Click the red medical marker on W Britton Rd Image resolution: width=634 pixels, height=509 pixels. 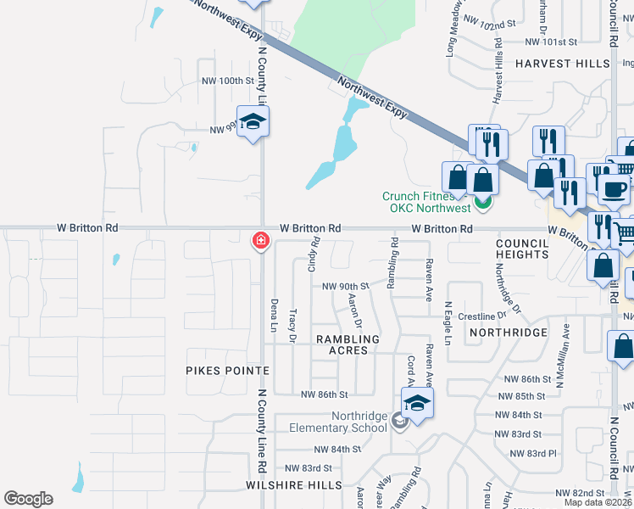[x=260, y=242]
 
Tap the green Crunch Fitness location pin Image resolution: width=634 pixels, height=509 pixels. [x=482, y=203]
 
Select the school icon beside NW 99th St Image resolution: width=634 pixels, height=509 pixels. [x=252, y=125]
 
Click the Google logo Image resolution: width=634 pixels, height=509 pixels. [x=28, y=499]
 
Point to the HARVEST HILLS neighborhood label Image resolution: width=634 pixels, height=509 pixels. [x=562, y=64]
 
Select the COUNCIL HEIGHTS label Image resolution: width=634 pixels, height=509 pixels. [x=523, y=249]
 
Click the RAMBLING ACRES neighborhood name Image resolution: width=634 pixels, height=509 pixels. [x=342, y=344]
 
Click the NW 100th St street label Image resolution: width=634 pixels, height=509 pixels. [x=227, y=81]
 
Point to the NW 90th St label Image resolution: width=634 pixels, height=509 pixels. [x=346, y=287]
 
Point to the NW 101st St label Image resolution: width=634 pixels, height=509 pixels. [x=551, y=42]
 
